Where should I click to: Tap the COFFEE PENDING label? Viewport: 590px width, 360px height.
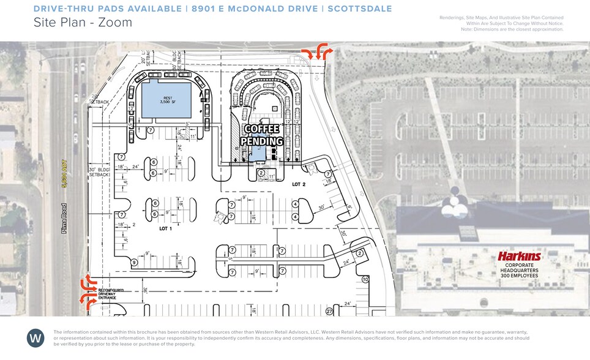263,135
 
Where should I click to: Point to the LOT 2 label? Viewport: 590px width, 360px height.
298,184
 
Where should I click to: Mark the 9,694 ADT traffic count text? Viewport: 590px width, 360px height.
63,179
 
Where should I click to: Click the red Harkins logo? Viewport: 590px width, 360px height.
518,257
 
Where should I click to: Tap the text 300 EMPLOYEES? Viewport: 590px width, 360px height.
518,276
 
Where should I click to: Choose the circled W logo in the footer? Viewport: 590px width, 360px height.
35,338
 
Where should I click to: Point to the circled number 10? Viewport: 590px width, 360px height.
365,279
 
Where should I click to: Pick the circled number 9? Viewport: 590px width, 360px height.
134,263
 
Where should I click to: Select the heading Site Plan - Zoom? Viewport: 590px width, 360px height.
83,23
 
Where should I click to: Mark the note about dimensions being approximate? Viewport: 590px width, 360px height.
512,29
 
